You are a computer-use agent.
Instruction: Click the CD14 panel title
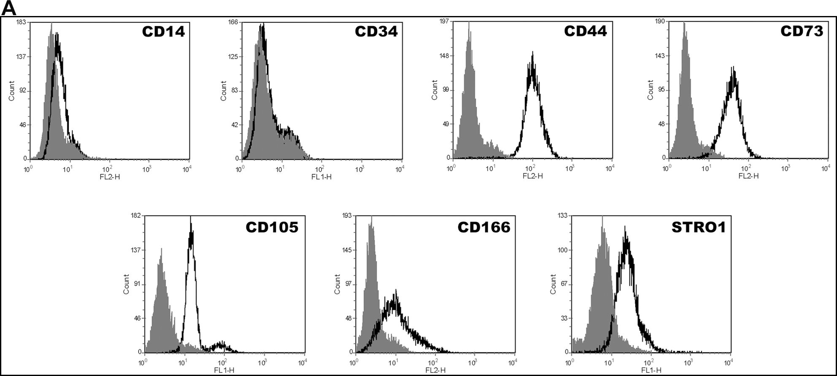163,32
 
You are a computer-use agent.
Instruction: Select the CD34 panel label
376,32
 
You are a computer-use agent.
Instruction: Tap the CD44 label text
586,31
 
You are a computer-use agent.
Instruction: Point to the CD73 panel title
802,31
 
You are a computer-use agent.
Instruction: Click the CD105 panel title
272,228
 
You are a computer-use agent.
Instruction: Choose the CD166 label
484,228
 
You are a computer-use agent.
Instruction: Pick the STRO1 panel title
699,228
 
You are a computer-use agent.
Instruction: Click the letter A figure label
8,8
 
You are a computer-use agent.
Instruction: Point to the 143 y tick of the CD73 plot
660,56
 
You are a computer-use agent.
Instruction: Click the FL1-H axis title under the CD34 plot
321,177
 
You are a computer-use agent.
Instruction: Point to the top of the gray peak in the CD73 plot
684,24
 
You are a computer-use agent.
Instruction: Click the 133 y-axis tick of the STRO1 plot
562,215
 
